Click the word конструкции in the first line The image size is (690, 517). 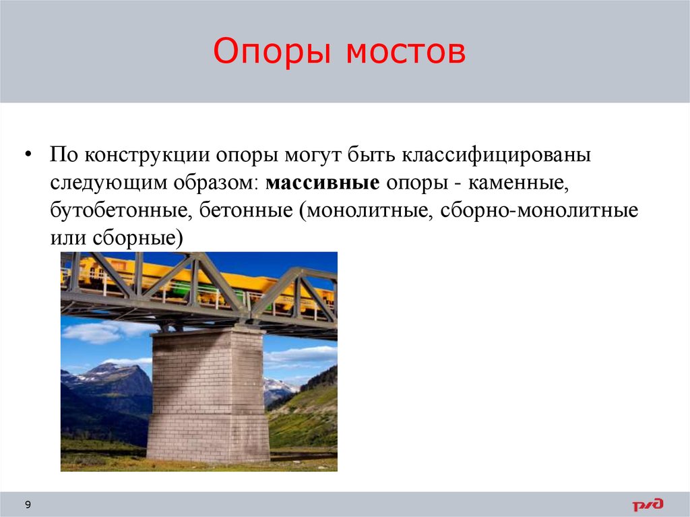tap(146, 156)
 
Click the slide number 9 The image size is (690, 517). tap(28, 505)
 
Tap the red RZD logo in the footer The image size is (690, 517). tap(648, 504)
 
